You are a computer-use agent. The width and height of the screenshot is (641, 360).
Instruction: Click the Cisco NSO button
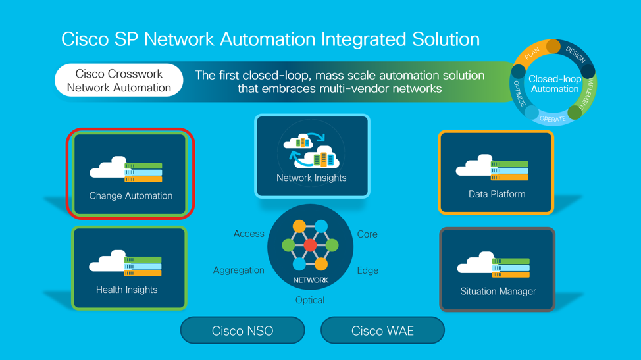pyautogui.click(x=242, y=330)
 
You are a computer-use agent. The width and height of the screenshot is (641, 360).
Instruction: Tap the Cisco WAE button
pyautogui.click(x=382, y=330)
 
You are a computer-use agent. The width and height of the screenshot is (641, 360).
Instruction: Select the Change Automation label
pyautogui.click(x=130, y=195)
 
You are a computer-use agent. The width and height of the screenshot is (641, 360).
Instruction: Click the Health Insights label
pyautogui.click(x=126, y=290)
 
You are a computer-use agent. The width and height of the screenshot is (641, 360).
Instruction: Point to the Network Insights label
pyautogui.click(x=311, y=178)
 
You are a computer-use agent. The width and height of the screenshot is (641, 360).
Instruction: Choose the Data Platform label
pyautogui.click(x=497, y=194)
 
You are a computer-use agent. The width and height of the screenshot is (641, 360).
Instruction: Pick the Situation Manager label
pyautogui.click(x=498, y=291)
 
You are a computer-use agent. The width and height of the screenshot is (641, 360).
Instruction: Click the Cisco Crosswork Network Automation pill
pyautogui.click(x=119, y=80)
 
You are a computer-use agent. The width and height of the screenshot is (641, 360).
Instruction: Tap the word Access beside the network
pyautogui.click(x=249, y=234)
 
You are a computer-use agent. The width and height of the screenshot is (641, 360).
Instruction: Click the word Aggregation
pyautogui.click(x=239, y=270)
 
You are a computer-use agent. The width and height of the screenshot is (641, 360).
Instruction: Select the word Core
pyautogui.click(x=367, y=234)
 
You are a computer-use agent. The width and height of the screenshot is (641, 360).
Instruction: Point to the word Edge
pyautogui.click(x=367, y=270)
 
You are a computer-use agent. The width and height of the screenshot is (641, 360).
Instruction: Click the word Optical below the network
pyautogui.click(x=310, y=300)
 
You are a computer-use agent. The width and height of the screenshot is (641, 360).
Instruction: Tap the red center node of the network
pyautogui.click(x=310, y=246)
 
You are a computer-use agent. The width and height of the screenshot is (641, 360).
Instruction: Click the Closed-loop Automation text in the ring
pyautogui.click(x=554, y=84)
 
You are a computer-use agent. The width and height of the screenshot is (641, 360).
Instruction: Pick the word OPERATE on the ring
pyautogui.click(x=552, y=119)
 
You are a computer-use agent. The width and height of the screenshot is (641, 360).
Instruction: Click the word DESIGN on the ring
pyautogui.click(x=575, y=55)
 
